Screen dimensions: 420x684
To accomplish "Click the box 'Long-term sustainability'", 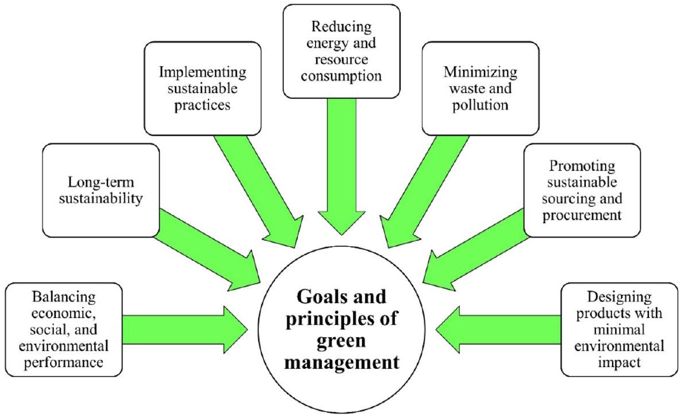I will click(100, 190).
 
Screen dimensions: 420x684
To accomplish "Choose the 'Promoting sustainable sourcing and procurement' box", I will click(582, 190).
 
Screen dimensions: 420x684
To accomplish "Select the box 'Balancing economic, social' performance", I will click(63, 330).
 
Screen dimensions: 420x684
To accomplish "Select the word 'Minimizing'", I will click(481, 73).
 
